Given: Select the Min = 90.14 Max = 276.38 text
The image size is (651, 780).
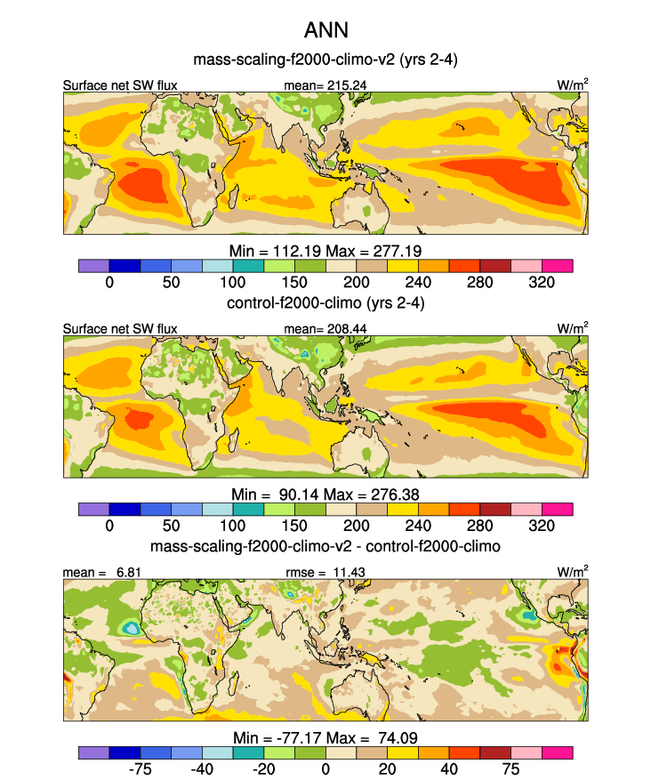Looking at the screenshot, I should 325,494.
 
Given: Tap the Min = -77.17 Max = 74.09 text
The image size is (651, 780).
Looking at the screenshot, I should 325,736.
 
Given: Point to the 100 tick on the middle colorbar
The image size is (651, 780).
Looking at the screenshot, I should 233,526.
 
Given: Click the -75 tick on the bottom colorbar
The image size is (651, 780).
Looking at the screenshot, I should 140,768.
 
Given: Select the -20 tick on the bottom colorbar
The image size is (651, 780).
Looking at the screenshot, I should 263,768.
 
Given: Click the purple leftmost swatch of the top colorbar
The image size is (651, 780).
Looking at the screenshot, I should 93,266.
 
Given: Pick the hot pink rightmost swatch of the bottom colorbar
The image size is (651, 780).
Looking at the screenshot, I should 558,752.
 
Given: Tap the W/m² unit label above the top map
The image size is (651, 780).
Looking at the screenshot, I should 572,84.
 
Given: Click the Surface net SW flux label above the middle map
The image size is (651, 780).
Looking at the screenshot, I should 120,329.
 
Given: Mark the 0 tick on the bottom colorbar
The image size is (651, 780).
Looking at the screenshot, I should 325,768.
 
